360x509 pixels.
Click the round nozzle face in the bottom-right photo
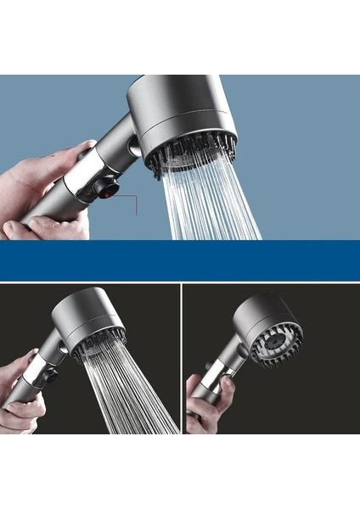pyautogui.click(x=273, y=339)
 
